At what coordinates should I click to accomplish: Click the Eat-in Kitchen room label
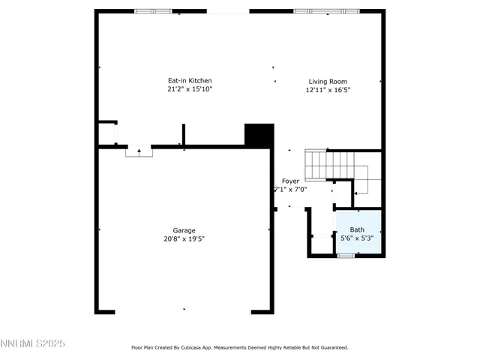(x=189, y=81)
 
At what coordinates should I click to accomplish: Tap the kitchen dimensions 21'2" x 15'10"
(x=189, y=89)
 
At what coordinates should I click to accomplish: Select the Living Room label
(x=328, y=82)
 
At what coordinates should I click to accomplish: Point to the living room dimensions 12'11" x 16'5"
(x=328, y=90)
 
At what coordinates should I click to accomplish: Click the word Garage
(x=184, y=230)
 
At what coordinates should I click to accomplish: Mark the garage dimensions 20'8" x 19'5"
(x=184, y=238)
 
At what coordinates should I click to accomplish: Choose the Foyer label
(x=290, y=181)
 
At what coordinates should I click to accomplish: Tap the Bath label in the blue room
(x=357, y=230)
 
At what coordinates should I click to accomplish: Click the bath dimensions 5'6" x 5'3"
(x=357, y=238)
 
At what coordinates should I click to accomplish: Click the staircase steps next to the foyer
(x=318, y=163)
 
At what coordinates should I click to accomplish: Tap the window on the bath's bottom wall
(x=345, y=256)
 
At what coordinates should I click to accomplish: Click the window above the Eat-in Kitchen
(x=153, y=11)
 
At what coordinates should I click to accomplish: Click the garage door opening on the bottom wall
(x=184, y=310)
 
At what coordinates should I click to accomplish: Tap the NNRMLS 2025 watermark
(x=33, y=343)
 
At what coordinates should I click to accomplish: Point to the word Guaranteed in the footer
(x=330, y=347)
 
